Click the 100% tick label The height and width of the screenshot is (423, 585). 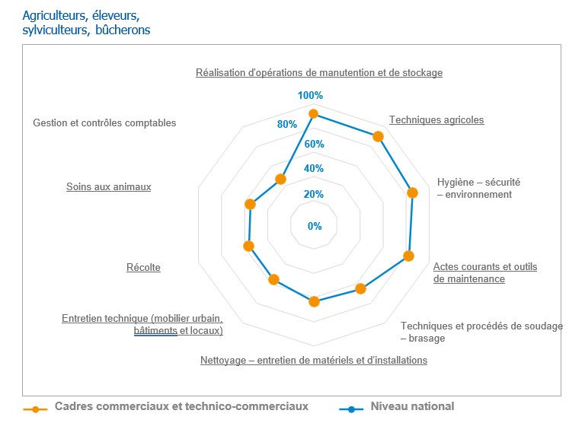click(x=311, y=96)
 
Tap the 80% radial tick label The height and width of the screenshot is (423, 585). click(x=286, y=124)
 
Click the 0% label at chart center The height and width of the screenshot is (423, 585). click(x=315, y=226)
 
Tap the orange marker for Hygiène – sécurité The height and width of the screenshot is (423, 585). click(x=413, y=192)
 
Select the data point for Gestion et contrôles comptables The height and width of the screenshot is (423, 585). click(x=280, y=180)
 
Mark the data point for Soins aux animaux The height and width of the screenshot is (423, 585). click(x=250, y=204)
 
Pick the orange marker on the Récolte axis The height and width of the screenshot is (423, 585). click(x=248, y=246)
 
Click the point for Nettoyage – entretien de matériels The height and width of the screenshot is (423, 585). click(x=314, y=302)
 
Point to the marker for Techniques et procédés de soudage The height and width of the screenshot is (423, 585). click(x=361, y=288)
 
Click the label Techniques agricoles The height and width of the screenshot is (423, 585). click(x=436, y=119)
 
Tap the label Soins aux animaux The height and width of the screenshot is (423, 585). click(x=108, y=186)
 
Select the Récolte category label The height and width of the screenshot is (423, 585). click(x=143, y=267)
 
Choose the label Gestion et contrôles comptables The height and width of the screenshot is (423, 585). click(x=104, y=122)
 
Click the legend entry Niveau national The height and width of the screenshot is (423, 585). click(x=411, y=406)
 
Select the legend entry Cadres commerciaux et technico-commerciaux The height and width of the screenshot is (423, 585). click(x=181, y=406)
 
